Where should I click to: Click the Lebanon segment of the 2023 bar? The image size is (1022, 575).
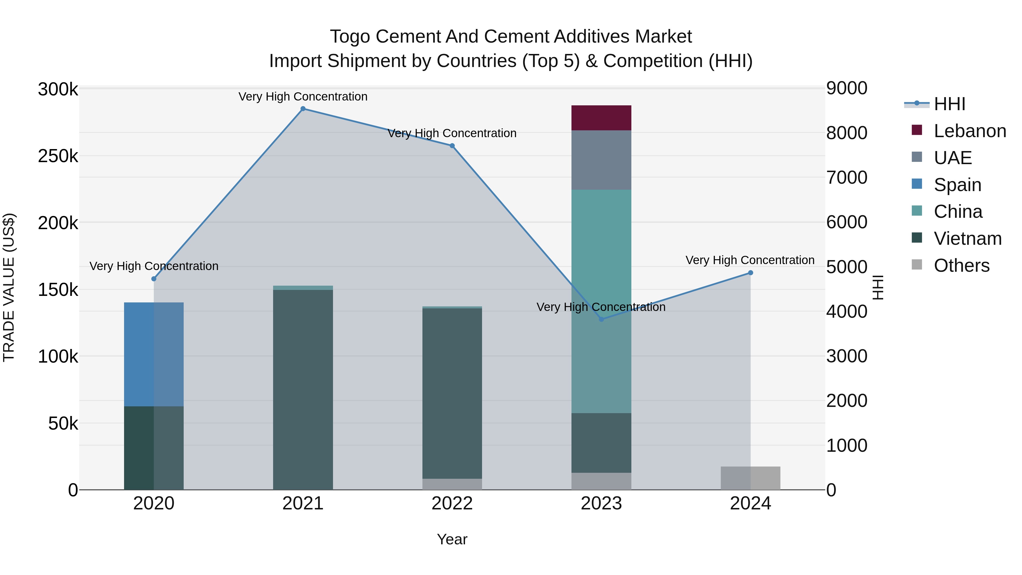coord(601,118)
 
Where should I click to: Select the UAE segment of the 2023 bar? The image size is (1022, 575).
coord(601,160)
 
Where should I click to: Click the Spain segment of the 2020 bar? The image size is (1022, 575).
coord(154,354)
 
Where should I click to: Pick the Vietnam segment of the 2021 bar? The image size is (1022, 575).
coord(303,389)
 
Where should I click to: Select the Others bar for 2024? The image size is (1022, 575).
coord(750,478)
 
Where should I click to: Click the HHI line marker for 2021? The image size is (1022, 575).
coord(303,109)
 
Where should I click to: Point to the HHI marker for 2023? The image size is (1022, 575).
coord(601,319)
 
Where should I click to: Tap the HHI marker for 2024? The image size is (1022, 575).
coord(750,273)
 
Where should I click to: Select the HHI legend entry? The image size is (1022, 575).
coord(949,104)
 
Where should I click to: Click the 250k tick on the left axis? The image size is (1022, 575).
coord(58,156)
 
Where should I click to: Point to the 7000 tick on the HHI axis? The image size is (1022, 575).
coord(847,177)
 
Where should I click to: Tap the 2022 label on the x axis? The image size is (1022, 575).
coord(452,503)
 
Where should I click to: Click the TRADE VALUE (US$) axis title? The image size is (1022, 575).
coord(9,287)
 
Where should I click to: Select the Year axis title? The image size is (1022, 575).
coord(452,539)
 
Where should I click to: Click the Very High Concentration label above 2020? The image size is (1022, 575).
coord(154,266)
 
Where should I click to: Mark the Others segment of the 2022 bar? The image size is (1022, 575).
coord(452,484)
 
